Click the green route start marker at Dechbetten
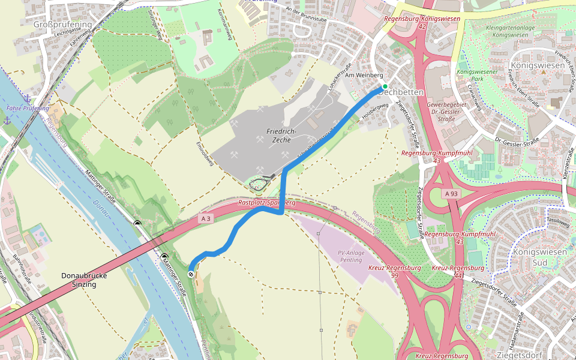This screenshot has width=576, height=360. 385,86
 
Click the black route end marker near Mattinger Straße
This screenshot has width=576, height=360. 191,274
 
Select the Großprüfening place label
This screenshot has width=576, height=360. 62,25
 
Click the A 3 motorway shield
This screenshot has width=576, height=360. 206,219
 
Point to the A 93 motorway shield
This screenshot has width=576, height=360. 452,194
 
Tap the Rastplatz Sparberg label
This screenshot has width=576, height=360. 267,203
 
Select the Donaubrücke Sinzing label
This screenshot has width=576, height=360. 79,280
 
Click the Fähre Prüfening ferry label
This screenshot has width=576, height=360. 28,108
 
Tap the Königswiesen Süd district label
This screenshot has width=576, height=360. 539,257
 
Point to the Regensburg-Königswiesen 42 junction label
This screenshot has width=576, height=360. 422,23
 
